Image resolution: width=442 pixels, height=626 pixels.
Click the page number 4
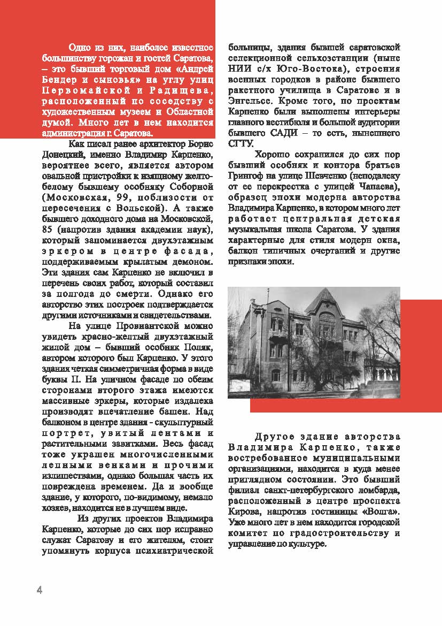[39, 590]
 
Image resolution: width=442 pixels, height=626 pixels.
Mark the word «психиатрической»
[179, 549]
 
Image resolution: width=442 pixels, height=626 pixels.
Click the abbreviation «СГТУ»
[238, 143]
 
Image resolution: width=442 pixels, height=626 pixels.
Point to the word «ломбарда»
[377, 490]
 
